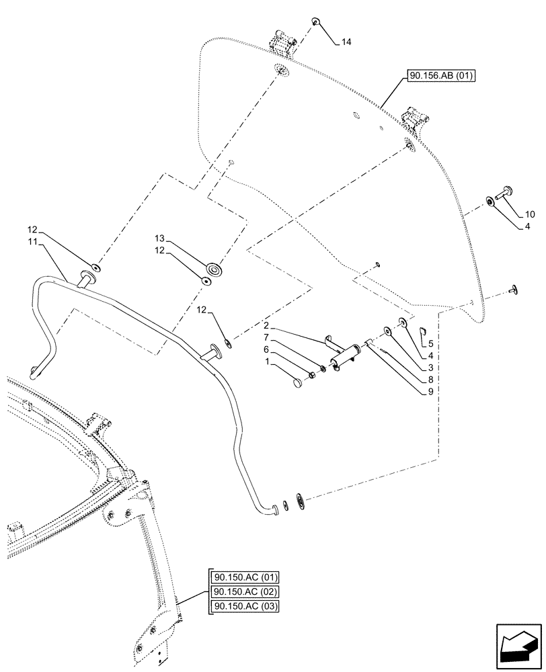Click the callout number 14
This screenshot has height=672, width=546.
tap(346, 42)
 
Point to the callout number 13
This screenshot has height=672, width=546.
tap(159, 239)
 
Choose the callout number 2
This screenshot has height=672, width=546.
tap(266, 325)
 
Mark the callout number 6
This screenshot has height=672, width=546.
tap(266, 350)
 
